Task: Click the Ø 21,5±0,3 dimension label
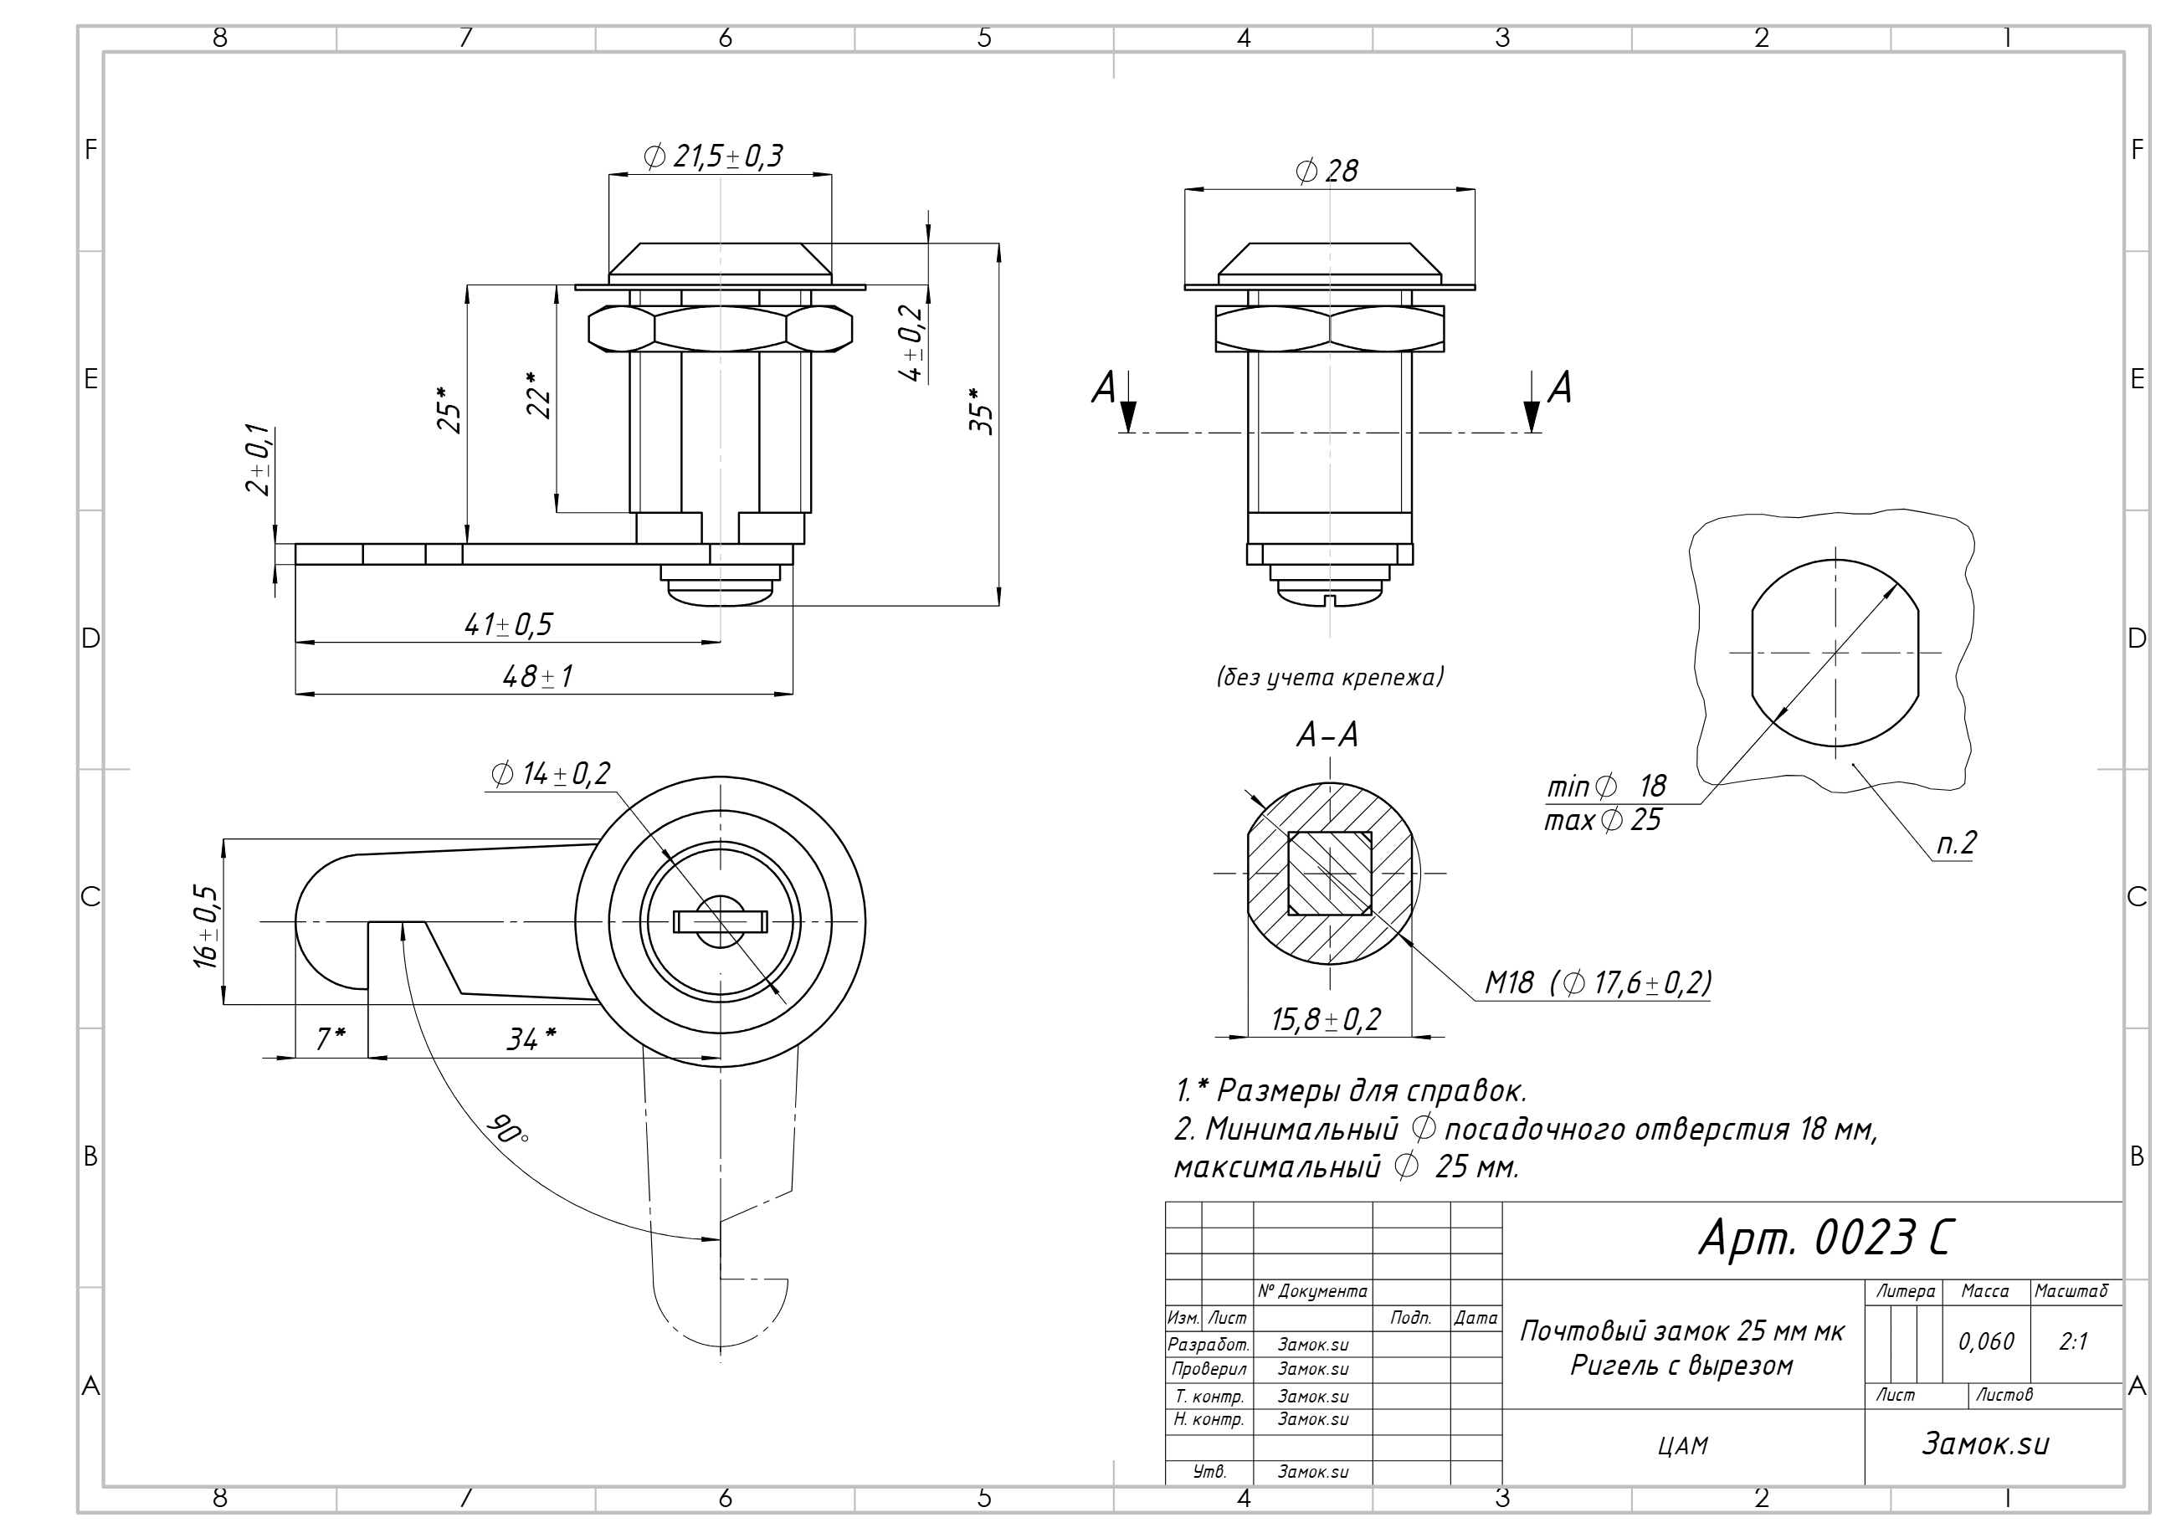pos(713,156)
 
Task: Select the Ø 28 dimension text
pos(1326,171)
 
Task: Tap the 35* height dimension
pos(982,411)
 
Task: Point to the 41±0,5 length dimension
pos(508,624)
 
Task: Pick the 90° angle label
pos(507,1129)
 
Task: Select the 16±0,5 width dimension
pos(206,927)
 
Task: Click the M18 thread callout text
pos(1598,982)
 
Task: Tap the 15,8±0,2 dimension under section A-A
pos(1326,1020)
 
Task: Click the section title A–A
pos(1327,735)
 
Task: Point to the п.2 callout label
pos(1956,843)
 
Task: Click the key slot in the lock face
pos(721,921)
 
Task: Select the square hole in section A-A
pos(1330,873)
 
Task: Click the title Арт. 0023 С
pos(1825,1238)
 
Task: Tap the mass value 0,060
pos(1987,1342)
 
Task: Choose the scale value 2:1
pos(2074,1342)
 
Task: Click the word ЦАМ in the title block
pos(1683,1446)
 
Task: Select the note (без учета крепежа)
pos(1330,677)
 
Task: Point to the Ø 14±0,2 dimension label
pos(551,774)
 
